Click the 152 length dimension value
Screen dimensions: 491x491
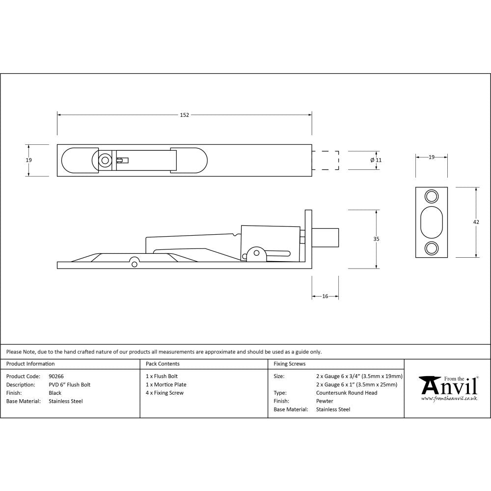tap(184, 115)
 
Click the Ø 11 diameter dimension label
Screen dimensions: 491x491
tap(376, 160)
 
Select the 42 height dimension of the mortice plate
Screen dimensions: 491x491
tap(476, 222)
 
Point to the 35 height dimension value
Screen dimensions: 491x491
tap(376, 239)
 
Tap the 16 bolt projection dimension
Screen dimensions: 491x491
tap(325, 296)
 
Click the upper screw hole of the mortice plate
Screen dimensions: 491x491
tap(432, 196)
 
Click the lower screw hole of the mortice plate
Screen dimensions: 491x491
tap(432, 248)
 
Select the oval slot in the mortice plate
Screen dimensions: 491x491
tap(432, 222)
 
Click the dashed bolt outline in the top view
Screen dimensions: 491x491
tap(326, 160)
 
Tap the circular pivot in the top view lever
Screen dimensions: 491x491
tap(105, 160)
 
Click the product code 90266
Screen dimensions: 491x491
tap(56, 377)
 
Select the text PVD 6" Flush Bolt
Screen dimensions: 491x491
tap(69, 385)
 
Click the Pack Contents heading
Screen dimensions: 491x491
tap(163, 364)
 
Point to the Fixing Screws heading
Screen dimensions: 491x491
tap(289, 364)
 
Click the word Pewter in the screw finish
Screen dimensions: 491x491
tap(325, 401)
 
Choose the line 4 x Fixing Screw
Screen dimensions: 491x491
tap(164, 393)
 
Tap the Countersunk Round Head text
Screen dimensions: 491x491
tap(347, 393)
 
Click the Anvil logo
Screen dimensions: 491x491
tap(448, 386)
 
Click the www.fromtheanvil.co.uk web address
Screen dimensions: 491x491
tap(449, 399)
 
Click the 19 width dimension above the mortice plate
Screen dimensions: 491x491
tap(432, 157)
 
